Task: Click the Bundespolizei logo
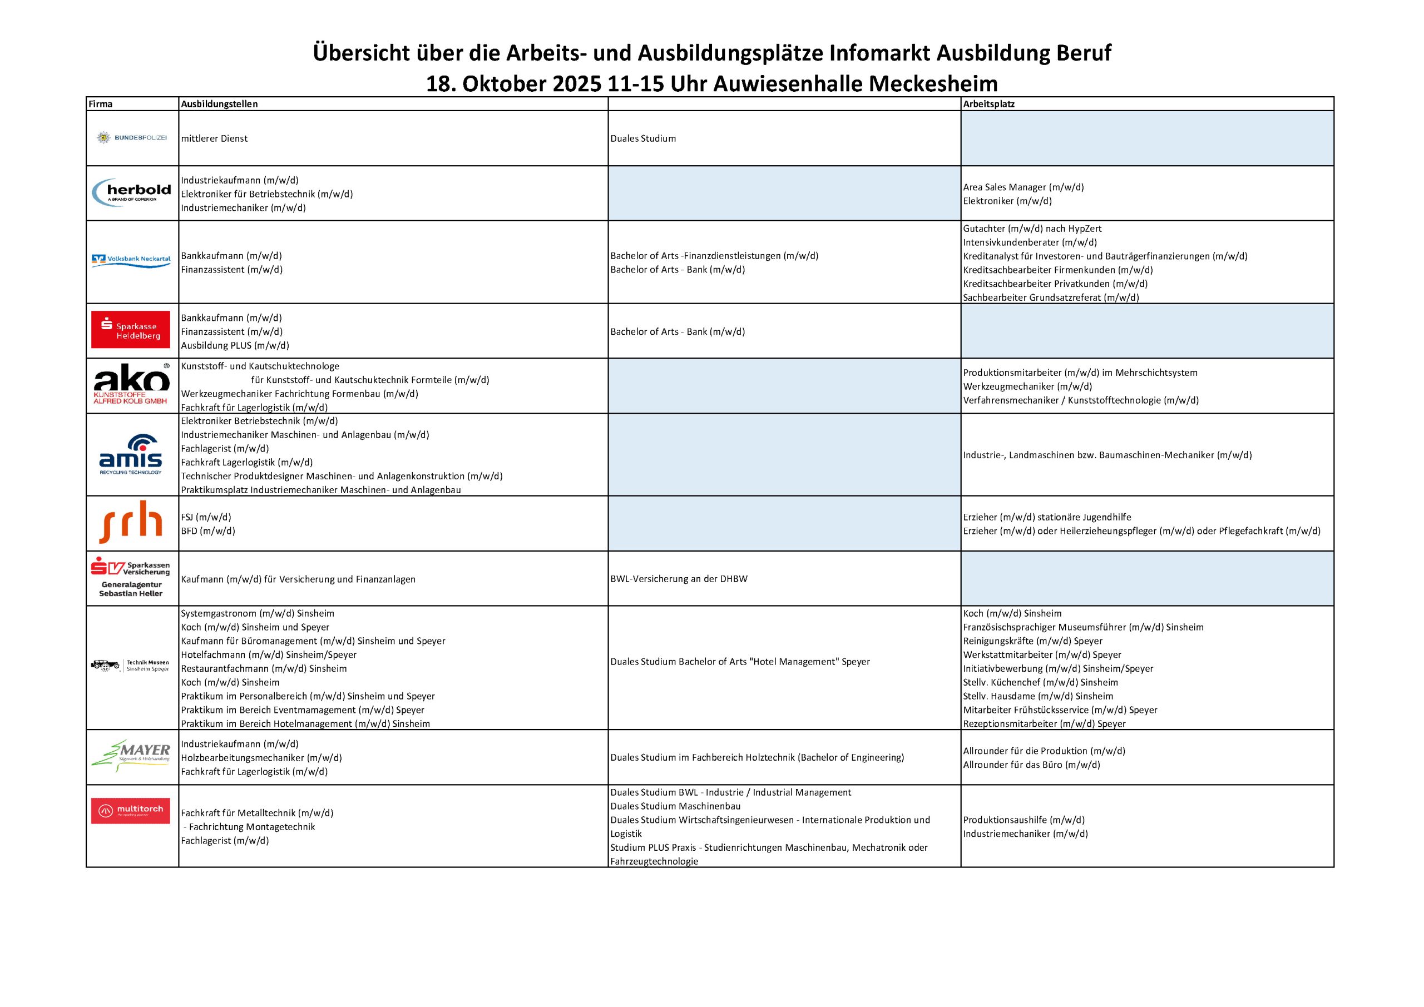coord(131,138)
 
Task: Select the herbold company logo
coord(131,192)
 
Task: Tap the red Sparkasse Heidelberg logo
coord(130,330)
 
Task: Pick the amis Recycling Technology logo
coord(131,454)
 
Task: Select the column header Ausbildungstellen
coord(219,104)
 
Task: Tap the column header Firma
coord(101,104)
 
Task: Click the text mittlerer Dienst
coord(214,138)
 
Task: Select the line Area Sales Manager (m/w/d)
coord(1023,187)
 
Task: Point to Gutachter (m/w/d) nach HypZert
coord(1032,229)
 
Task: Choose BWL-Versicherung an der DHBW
coord(679,578)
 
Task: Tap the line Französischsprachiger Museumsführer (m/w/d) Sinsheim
coord(1083,627)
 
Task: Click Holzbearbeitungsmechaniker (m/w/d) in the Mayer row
coord(261,758)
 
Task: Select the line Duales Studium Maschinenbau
coord(675,806)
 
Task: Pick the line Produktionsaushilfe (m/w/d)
coord(1023,820)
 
